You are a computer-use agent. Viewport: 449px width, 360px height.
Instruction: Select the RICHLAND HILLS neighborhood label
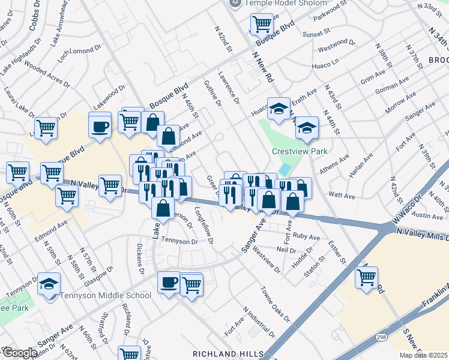point(228,353)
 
